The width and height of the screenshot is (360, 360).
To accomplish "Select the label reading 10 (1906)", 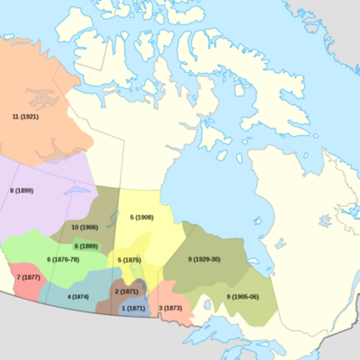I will (85, 227).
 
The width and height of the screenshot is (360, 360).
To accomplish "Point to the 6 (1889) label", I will (85, 246).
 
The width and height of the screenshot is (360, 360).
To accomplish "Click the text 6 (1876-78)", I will (62, 259).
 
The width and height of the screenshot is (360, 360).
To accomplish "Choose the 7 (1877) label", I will (29, 276).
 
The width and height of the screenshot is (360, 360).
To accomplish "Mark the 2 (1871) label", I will (127, 292).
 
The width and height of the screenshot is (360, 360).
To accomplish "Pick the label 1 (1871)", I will (132, 309).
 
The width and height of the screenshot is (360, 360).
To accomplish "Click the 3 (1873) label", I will (173, 309).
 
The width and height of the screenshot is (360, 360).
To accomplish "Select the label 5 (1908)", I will (141, 218).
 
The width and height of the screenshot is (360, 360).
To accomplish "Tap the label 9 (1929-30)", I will (203, 259).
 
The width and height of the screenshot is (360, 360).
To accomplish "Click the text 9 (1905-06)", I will (242, 296).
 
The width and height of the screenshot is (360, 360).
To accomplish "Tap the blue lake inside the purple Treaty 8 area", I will (73, 193).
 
